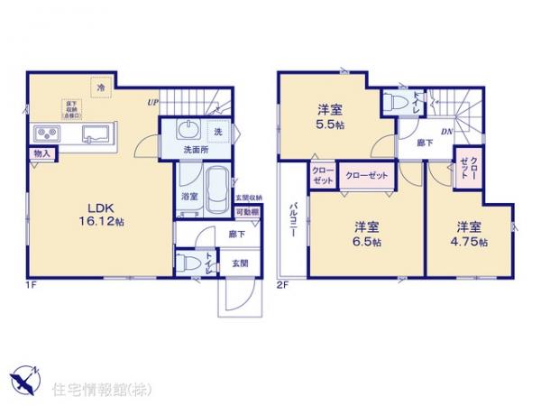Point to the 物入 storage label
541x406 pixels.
[41, 154]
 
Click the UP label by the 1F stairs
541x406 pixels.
[154, 102]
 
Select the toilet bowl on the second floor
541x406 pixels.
[390, 102]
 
